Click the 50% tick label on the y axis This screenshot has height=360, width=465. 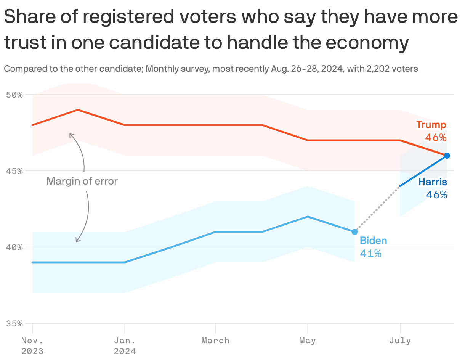15,95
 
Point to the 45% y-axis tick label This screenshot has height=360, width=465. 15,171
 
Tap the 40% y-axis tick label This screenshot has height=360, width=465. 15,247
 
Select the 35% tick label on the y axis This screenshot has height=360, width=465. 15,323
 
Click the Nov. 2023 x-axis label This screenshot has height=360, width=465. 32,345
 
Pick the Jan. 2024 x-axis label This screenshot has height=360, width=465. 125,345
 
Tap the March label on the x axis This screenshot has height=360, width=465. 215,341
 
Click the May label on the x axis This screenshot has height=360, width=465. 307,341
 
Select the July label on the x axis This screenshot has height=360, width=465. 400,341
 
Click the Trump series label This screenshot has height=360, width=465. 431,125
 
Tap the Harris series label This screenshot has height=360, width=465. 433,182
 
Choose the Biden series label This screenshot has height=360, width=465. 373,241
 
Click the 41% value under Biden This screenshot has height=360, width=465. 370,253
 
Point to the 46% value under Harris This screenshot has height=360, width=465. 436,195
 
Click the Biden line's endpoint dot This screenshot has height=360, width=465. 354,232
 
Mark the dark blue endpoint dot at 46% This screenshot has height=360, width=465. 447,156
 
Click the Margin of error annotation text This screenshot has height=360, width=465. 82,181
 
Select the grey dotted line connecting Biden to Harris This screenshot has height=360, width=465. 377,209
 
